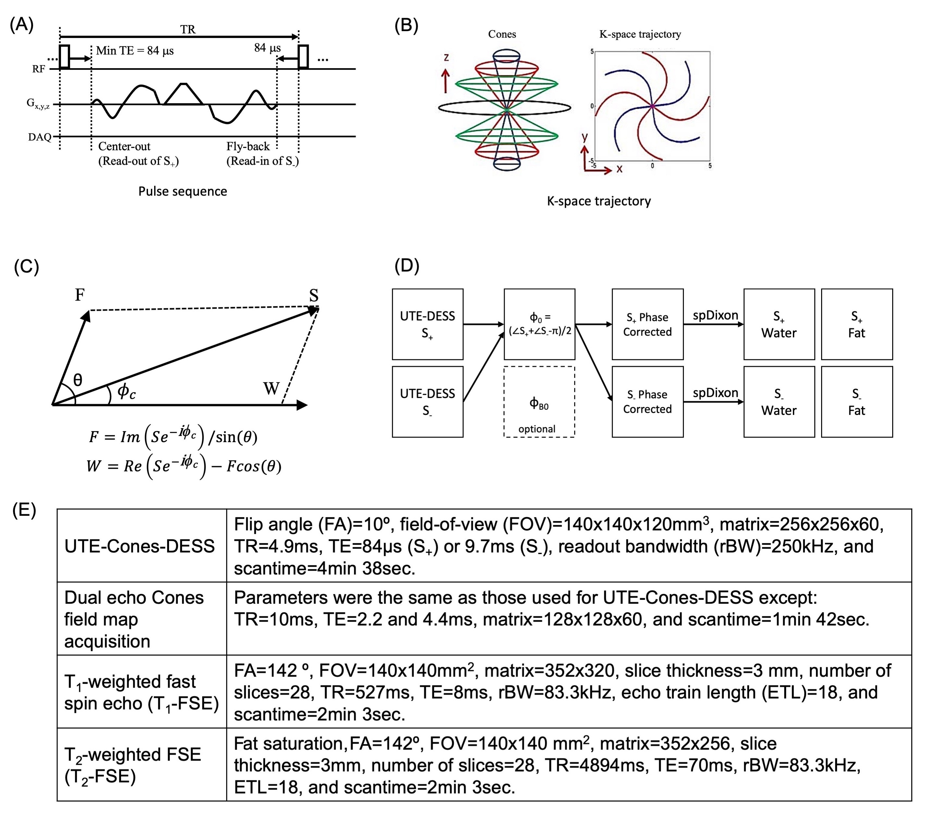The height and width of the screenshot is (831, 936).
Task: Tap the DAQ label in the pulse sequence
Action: click(39, 137)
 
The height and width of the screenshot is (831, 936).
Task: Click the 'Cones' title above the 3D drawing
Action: click(502, 34)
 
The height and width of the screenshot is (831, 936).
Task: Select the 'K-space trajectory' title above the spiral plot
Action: click(640, 34)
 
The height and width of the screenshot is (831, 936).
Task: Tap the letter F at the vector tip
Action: click(80, 294)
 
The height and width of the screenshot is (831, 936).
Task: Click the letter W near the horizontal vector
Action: click(271, 389)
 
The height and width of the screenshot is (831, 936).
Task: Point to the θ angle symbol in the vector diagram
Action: click(78, 380)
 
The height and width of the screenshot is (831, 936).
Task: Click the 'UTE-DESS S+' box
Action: click(427, 324)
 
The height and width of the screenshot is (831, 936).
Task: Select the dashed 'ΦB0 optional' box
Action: click(539, 402)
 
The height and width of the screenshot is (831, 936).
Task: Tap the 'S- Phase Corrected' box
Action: click(647, 402)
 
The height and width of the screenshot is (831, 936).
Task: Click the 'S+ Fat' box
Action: click(856, 324)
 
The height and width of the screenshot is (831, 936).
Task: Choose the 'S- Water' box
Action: click(779, 402)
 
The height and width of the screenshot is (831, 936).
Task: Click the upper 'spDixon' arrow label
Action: click(715, 315)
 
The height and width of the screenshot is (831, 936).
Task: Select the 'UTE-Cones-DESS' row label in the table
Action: click(140, 546)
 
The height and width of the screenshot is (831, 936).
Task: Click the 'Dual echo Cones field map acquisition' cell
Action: click(134, 619)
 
